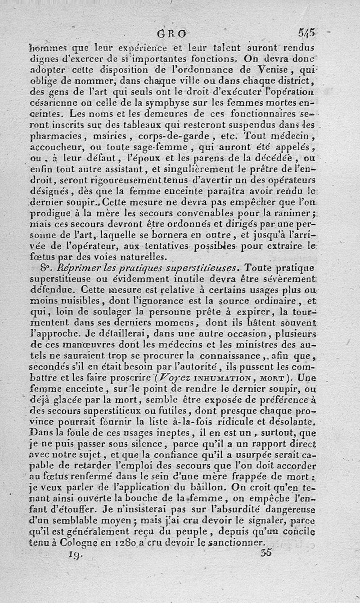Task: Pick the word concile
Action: (x=299, y=532)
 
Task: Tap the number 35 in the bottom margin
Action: (x=266, y=553)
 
